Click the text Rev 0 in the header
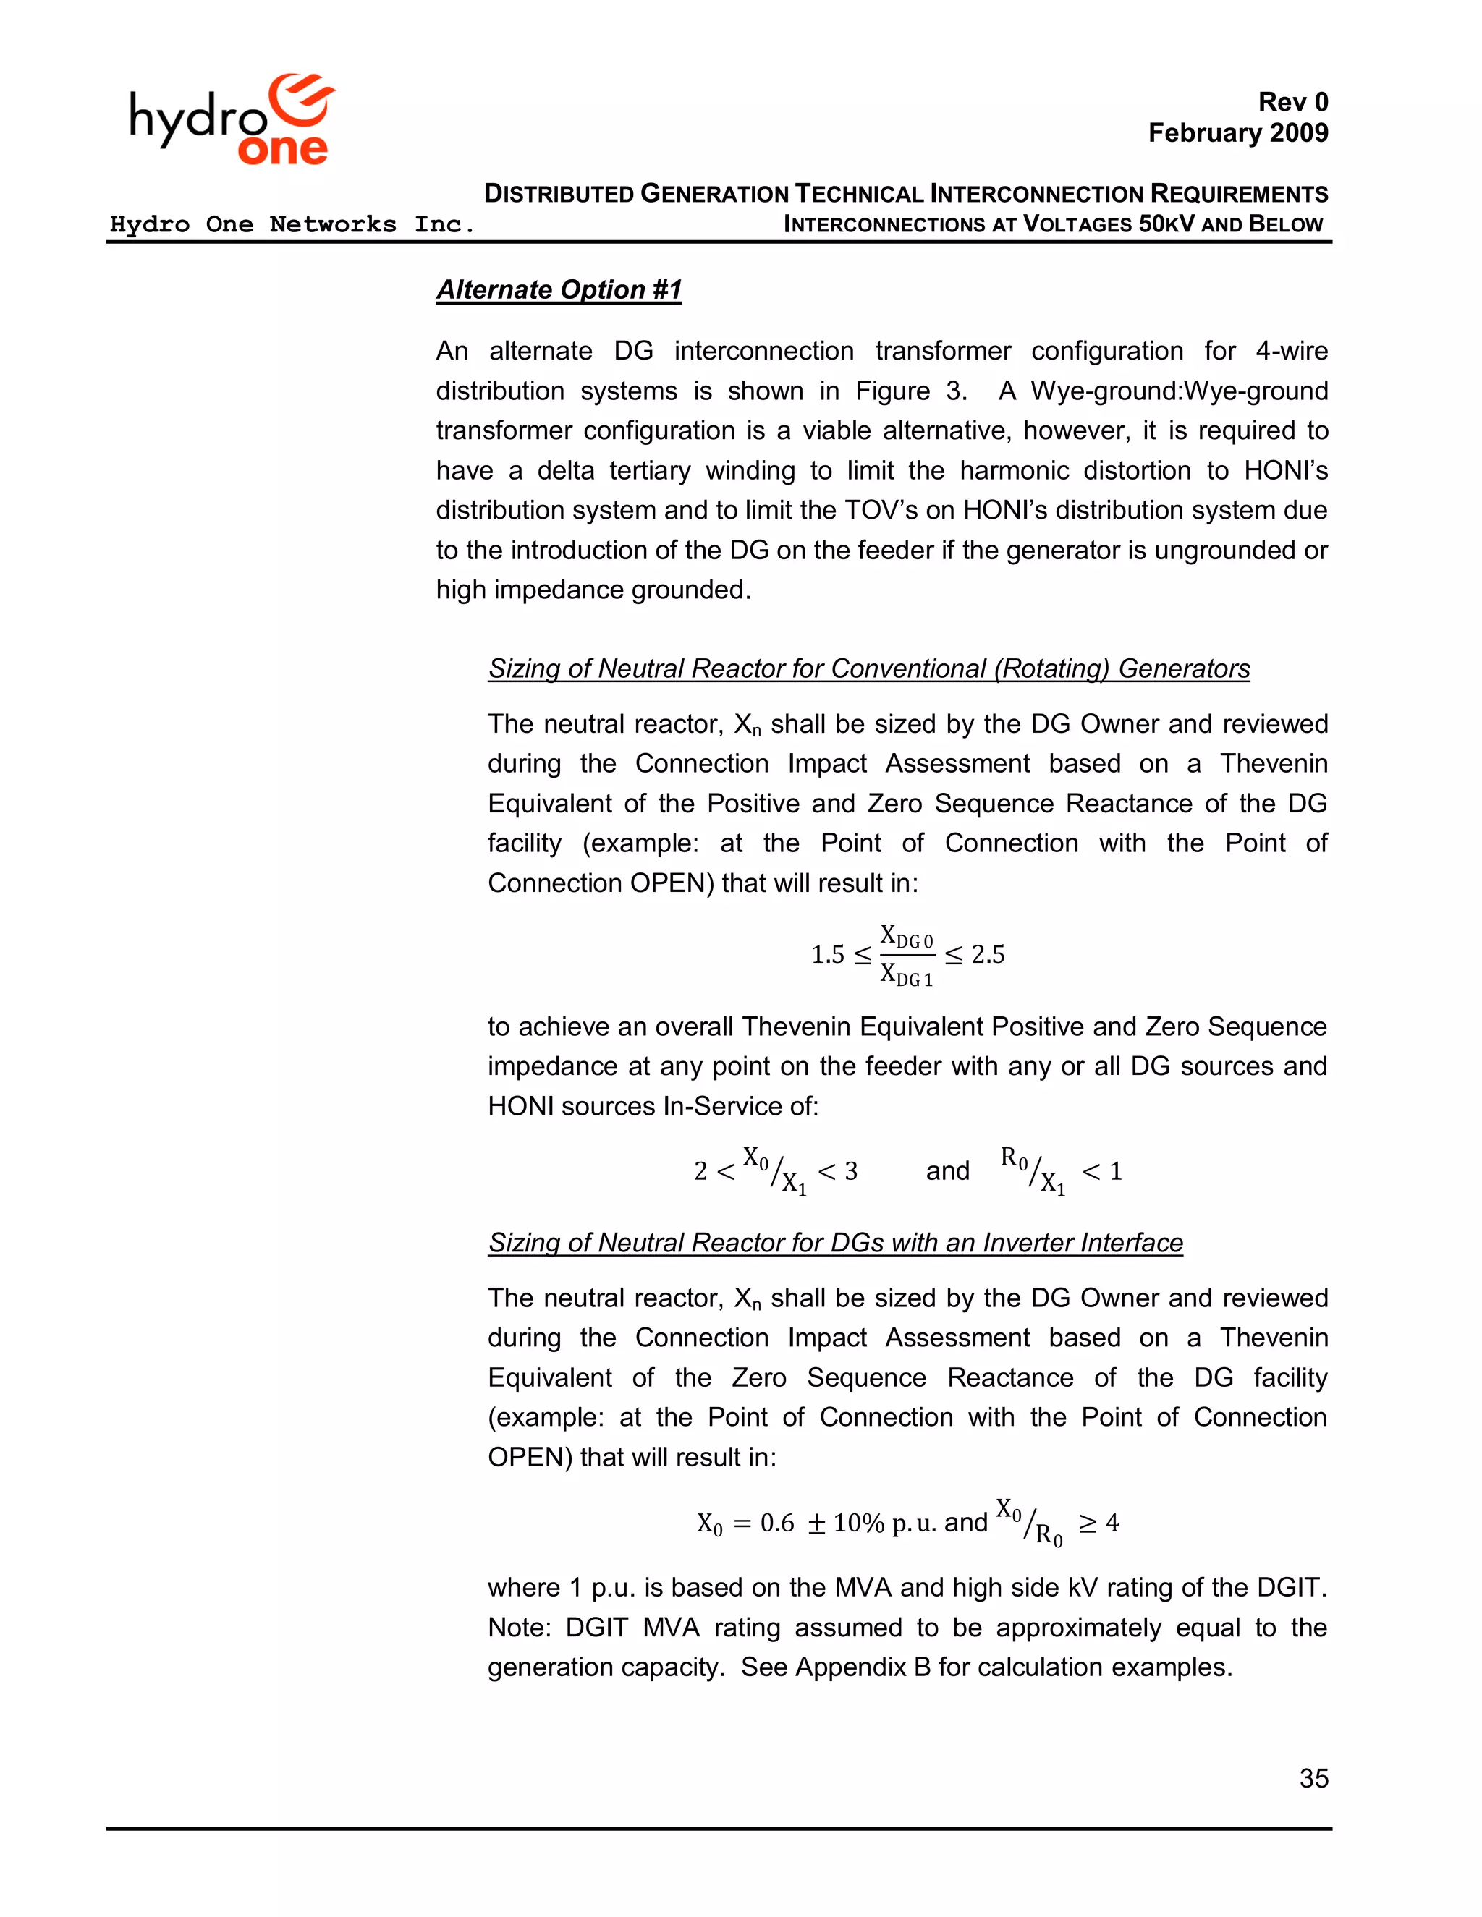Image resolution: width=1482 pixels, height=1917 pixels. tap(1292, 102)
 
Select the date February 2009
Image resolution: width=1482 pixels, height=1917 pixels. tap(1238, 132)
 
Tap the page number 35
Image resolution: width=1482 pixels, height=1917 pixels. tap(1313, 1778)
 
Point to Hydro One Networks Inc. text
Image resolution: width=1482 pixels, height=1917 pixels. tap(292, 225)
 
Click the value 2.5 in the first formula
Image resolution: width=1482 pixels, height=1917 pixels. tap(988, 954)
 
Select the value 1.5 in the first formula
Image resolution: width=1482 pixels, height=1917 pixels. tap(827, 954)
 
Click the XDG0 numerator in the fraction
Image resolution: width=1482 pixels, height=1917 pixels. tap(907, 937)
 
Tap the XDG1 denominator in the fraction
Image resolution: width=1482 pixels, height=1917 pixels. tap(907, 974)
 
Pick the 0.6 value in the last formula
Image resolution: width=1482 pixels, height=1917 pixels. tap(777, 1523)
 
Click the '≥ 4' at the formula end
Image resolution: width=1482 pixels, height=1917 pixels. tap(1099, 1523)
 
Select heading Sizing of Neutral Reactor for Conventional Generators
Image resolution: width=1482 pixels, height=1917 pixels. tap(868, 669)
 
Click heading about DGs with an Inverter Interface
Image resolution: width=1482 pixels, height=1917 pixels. tap(835, 1243)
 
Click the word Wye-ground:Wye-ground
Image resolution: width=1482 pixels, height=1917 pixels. tap(1178, 391)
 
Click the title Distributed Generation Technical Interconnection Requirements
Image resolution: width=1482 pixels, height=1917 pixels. tap(905, 193)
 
